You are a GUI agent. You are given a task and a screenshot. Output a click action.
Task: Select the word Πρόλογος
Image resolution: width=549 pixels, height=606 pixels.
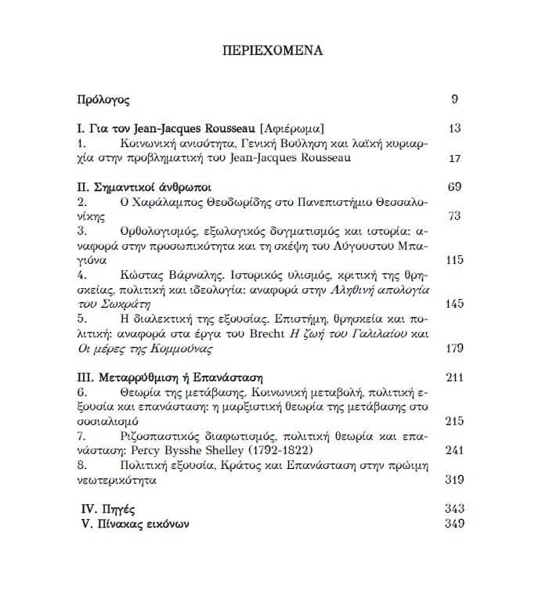(x=103, y=99)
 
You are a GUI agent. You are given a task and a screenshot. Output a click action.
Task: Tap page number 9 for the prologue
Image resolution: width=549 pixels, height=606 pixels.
(x=455, y=99)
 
